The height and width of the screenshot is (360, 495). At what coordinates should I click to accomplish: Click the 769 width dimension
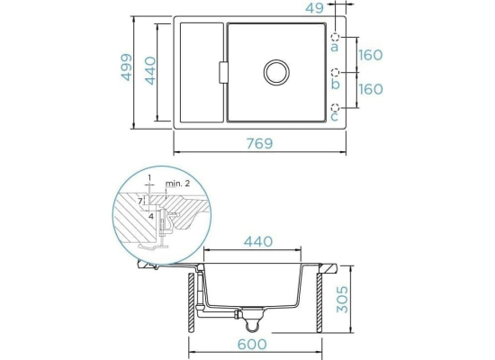[259, 144]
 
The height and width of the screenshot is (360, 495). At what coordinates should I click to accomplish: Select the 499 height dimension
[127, 67]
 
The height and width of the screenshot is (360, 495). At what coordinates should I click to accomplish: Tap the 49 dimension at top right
[314, 8]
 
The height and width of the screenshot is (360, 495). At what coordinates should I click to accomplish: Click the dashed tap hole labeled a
[335, 38]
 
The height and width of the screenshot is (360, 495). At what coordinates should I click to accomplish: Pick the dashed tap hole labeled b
[335, 73]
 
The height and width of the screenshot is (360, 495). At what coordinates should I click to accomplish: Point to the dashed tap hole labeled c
[335, 107]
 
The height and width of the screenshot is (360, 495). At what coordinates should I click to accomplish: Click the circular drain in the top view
[276, 72]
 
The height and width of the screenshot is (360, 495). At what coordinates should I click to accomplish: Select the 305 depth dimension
[342, 300]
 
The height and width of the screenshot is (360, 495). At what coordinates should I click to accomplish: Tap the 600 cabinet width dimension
[252, 344]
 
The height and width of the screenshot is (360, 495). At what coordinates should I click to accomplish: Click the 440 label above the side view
[258, 242]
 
